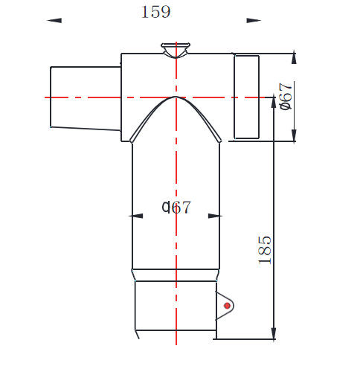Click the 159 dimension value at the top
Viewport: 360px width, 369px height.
point(155,12)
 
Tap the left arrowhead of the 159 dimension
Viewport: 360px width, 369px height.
point(54,21)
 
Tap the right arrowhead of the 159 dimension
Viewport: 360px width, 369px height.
point(254,21)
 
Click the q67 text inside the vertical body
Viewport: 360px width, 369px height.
point(176,208)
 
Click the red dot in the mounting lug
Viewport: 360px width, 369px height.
point(225,305)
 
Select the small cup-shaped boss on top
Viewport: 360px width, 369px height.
point(176,51)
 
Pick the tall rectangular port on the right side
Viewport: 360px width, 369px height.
point(246,97)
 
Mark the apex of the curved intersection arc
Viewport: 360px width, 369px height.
point(176,97)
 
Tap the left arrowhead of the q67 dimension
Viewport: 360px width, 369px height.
point(136,216)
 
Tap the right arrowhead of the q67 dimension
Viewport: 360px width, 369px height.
point(215,216)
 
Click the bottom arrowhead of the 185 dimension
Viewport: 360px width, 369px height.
point(275,333)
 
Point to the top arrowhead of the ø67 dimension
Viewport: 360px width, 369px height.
point(295,57)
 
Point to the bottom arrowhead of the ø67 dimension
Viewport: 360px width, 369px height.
point(295,135)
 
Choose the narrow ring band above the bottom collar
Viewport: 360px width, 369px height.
point(176,275)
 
